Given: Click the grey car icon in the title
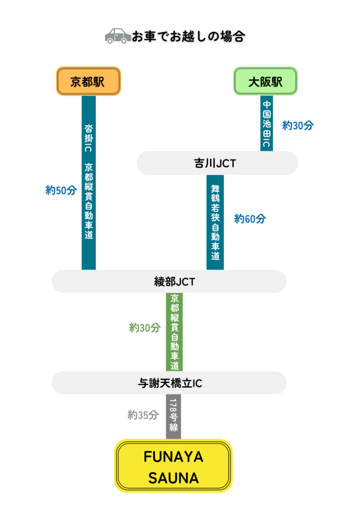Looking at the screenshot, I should (x=118, y=36).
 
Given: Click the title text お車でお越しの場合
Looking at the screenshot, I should (x=188, y=36).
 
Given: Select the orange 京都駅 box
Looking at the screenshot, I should (x=88, y=81).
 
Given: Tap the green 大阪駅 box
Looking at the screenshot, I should (x=266, y=81).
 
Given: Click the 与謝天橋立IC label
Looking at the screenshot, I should (x=170, y=383).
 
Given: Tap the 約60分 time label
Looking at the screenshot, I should (x=250, y=219).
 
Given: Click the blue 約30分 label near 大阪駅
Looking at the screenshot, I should (x=298, y=126).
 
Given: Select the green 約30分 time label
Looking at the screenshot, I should (x=145, y=328).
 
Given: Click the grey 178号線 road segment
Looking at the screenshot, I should (x=174, y=417).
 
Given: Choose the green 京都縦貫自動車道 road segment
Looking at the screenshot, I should (x=174, y=332).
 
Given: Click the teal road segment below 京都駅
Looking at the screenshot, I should (x=89, y=182).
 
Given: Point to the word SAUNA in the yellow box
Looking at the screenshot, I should (x=174, y=478).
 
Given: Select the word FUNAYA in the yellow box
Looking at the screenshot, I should (x=174, y=456).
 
